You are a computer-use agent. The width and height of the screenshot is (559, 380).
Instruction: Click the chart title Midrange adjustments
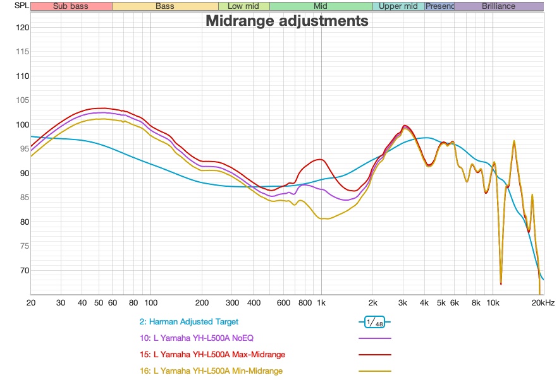point(286,21)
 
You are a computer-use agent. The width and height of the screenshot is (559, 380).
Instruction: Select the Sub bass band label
point(71,6)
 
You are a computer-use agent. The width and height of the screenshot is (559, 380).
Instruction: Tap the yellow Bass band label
point(165,6)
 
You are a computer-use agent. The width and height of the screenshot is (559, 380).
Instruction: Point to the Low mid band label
point(243,6)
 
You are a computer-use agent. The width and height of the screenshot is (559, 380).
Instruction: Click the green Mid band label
point(321,6)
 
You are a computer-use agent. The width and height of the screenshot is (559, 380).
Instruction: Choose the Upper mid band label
point(398,6)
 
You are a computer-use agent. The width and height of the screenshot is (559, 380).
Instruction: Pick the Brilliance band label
point(498,6)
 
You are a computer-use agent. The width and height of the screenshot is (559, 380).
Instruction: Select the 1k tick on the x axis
point(321,303)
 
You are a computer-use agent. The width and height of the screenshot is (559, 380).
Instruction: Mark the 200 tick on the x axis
point(202,303)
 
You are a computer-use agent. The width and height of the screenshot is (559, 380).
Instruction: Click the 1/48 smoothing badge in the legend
point(374,322)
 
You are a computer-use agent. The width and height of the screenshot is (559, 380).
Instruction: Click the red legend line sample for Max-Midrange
point(374,355)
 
